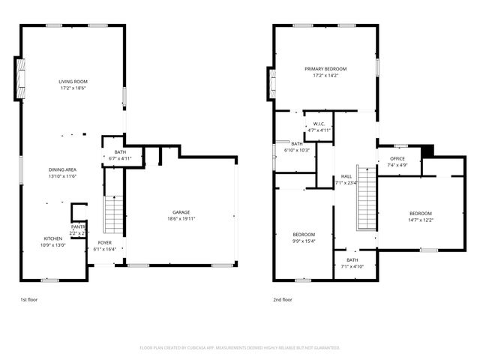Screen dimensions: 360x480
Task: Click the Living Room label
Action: pyautogui.click(x=73, y=81)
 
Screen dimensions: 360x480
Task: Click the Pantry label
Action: pyautogui.click(x=78, y=226)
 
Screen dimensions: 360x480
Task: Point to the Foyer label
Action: pyautogui.click(x=104, y=244)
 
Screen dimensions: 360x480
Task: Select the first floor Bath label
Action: pyautogui.click(x=120, y=153)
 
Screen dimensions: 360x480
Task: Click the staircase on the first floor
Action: pyautogui.click(x=113, y=214)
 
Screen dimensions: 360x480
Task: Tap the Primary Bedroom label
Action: pyautogui.click(x=325, y=69)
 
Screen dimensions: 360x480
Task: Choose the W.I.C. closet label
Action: pyautogui.click(x=319, y=124)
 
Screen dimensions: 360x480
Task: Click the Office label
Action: pyautogui.click(x=397, y=159)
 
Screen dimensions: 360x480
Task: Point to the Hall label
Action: pyautogui.click(x=346, y=176)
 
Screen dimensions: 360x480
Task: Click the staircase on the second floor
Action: pyautogui.click(x=365, y=199)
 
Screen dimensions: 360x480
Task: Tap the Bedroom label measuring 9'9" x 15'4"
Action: pyautogui.click(x=304, y=235)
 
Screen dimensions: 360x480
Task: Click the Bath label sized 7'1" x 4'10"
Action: pyautogui.click(x=352, y=260)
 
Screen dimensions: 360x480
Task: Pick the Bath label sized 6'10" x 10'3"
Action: pyautogui.click(x=297, y=144)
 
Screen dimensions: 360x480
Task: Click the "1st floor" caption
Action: pyautogui.click(x=28, y=299)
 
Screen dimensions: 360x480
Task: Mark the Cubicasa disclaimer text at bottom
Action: pyautogui.click(x=240, y=347)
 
